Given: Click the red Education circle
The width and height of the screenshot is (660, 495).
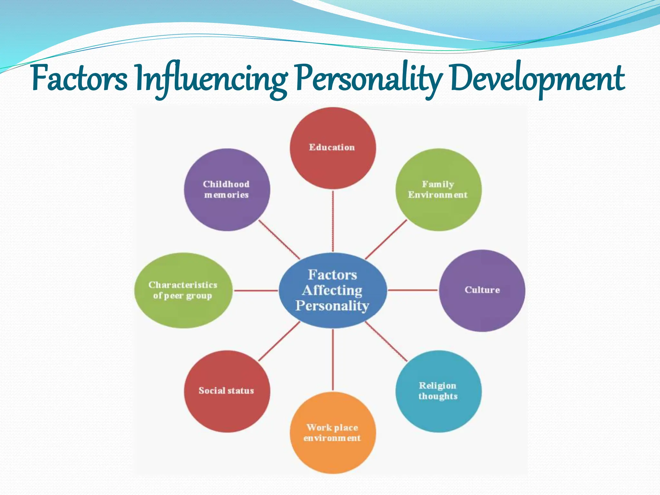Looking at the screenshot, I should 333,148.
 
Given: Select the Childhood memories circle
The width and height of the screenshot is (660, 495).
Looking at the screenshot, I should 227,189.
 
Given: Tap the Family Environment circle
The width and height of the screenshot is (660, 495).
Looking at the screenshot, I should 438,189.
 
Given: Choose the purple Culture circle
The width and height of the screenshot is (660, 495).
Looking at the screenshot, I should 482,290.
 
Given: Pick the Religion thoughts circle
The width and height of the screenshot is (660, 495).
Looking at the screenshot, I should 438,391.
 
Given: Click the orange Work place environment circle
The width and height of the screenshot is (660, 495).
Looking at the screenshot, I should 333,433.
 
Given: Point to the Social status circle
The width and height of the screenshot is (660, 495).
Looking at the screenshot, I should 227,391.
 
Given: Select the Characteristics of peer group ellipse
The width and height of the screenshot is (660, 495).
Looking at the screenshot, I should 183,290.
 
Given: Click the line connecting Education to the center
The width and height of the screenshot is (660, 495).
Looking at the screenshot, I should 333,221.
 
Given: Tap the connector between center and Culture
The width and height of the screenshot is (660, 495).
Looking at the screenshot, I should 412,290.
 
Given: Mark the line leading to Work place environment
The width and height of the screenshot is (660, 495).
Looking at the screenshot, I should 333,359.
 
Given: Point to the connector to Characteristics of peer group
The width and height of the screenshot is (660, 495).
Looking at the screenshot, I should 255,290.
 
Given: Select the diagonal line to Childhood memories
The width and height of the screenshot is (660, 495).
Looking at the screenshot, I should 279,239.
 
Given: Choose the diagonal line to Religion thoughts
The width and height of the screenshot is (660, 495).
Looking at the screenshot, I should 386,341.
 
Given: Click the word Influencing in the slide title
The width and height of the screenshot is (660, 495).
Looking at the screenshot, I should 211,79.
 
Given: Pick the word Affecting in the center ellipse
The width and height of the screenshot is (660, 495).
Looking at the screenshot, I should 332,290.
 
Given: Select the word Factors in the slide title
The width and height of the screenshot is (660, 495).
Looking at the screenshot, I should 80,79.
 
